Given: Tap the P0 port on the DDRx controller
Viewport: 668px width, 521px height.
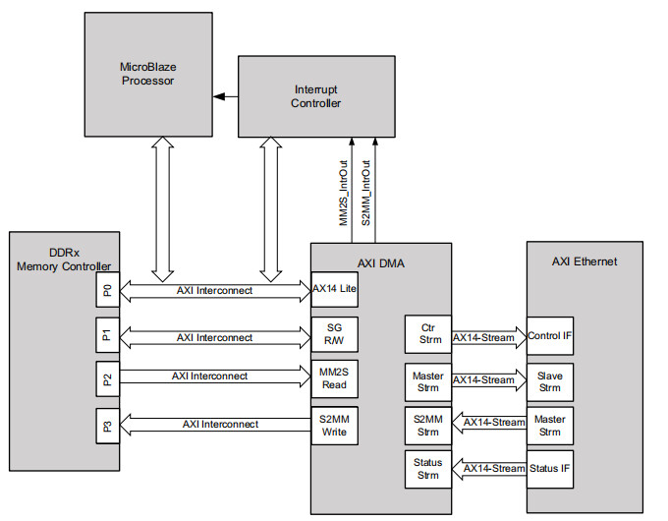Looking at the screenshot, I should click(106, 291).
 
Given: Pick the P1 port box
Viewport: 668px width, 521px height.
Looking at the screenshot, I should click(106, 337).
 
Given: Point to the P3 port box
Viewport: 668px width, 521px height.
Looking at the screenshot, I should click(106, 427).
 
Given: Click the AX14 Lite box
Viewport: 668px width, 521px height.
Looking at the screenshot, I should click(333, 291).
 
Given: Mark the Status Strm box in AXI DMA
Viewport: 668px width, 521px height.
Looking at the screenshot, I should click(427, 469).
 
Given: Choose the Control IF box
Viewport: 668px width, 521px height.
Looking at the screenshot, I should click(550, 336).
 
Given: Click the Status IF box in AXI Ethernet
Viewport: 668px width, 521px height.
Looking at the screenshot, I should click(550, 469).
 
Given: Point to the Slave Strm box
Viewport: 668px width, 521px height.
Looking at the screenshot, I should click(550, 380).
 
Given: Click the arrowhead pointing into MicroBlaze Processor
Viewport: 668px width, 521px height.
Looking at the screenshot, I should click(221, 96).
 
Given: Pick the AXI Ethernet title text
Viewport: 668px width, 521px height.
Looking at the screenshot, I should click(584, 261).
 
